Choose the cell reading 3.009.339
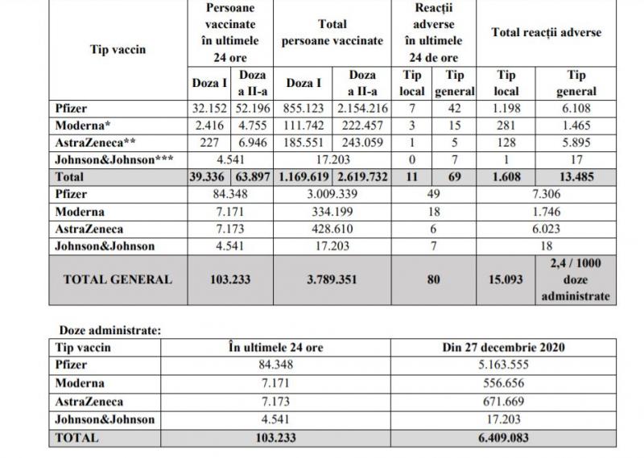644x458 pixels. tap(332, 194)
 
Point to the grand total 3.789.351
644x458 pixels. tap(332, 279)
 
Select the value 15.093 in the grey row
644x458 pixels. tap(505, 279)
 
